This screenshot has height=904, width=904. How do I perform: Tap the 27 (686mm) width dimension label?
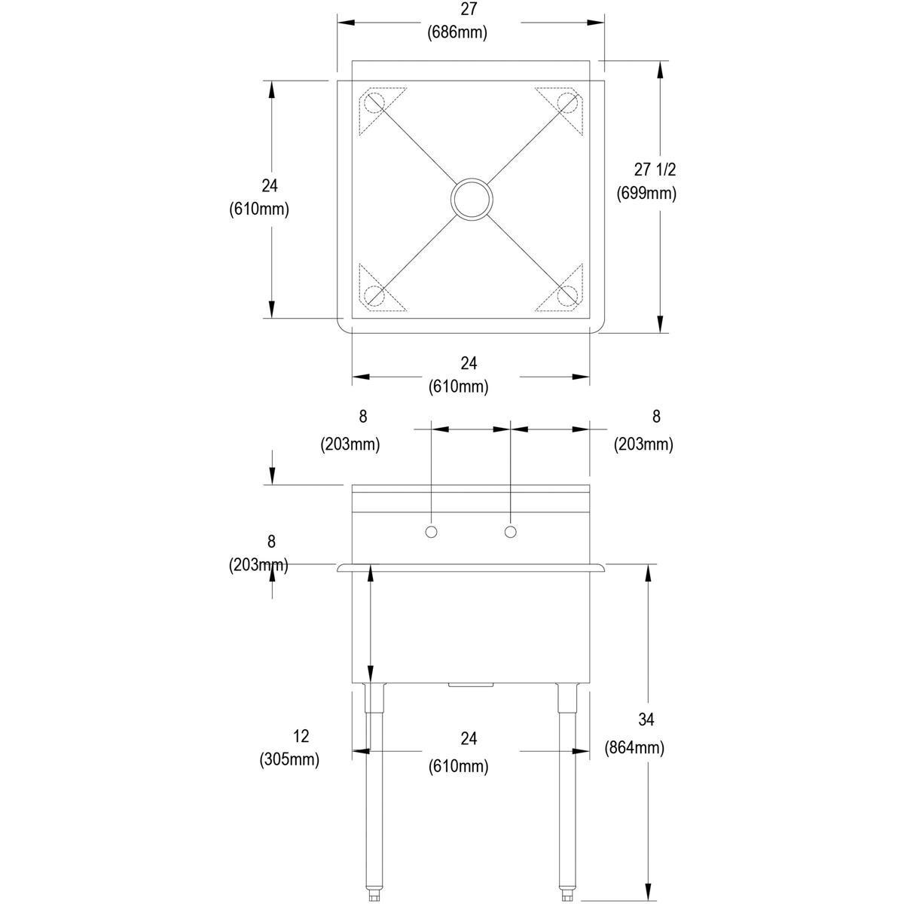click(x=458, y=21)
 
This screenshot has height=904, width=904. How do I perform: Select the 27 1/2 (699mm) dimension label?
click(x=646, y=182)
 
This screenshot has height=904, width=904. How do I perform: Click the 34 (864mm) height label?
click(x=634, y=734)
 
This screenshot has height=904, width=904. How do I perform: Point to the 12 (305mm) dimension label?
click(x=290, y=747)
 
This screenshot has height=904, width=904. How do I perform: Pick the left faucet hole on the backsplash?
click(x=432, y=533)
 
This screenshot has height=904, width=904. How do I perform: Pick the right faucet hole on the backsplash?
click(x=511, y=533)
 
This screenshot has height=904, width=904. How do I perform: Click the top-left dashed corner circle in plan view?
click(x=374, y=102)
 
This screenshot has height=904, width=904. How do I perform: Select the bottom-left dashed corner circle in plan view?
click(x=374, y=296)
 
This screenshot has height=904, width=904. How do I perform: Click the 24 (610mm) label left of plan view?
click(x=259, y=197)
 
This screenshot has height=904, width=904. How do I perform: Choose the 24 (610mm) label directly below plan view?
click(x=459, y=374)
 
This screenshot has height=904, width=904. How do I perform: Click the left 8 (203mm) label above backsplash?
click(x=350, y=430)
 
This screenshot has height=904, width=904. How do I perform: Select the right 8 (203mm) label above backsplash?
click(x=643, y=430)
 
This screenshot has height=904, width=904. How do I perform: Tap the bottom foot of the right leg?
click(x=567, y=895)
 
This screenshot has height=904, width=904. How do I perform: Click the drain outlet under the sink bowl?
click(x=470, y=685)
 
